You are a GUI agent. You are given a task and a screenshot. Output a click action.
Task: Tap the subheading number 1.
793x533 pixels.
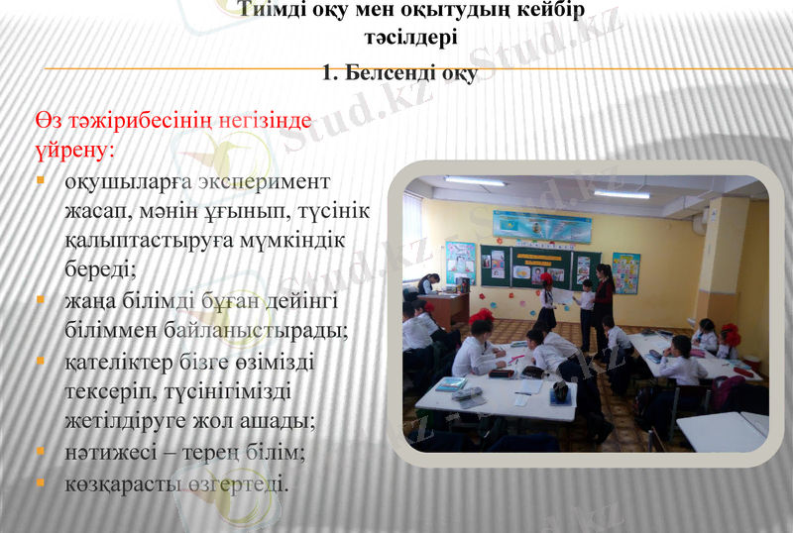point(330,73)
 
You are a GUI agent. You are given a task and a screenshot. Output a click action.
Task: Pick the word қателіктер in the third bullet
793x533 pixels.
point(118,362)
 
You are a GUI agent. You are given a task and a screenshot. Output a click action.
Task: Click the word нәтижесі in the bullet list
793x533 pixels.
point(107,453)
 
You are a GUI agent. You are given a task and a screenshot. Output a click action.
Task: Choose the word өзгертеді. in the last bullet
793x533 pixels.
point(242,484)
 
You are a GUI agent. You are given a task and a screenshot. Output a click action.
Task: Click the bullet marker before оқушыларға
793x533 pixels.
point(41,182)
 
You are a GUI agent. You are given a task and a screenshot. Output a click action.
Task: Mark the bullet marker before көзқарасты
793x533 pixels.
point(41,483)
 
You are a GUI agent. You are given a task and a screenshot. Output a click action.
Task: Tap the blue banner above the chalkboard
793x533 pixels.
point(541,227)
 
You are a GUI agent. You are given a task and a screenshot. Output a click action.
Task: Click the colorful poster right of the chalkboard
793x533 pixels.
point(625,272)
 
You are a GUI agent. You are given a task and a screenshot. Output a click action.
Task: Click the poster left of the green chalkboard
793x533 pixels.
point(460,263)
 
